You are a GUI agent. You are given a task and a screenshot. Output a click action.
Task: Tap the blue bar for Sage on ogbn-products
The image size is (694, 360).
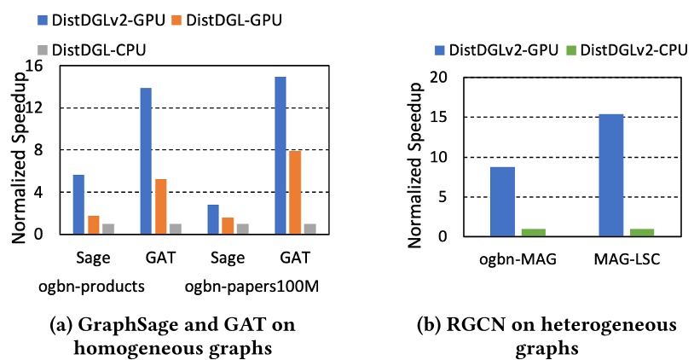pyautogui.click(x=78, y=204)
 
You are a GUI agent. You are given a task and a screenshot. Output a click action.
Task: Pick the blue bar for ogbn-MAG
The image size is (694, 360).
pyautogui.click(x=502, y=201)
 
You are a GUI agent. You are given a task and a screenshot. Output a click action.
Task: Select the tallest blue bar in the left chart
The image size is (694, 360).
pyautogui.click(x=280, y=155)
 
